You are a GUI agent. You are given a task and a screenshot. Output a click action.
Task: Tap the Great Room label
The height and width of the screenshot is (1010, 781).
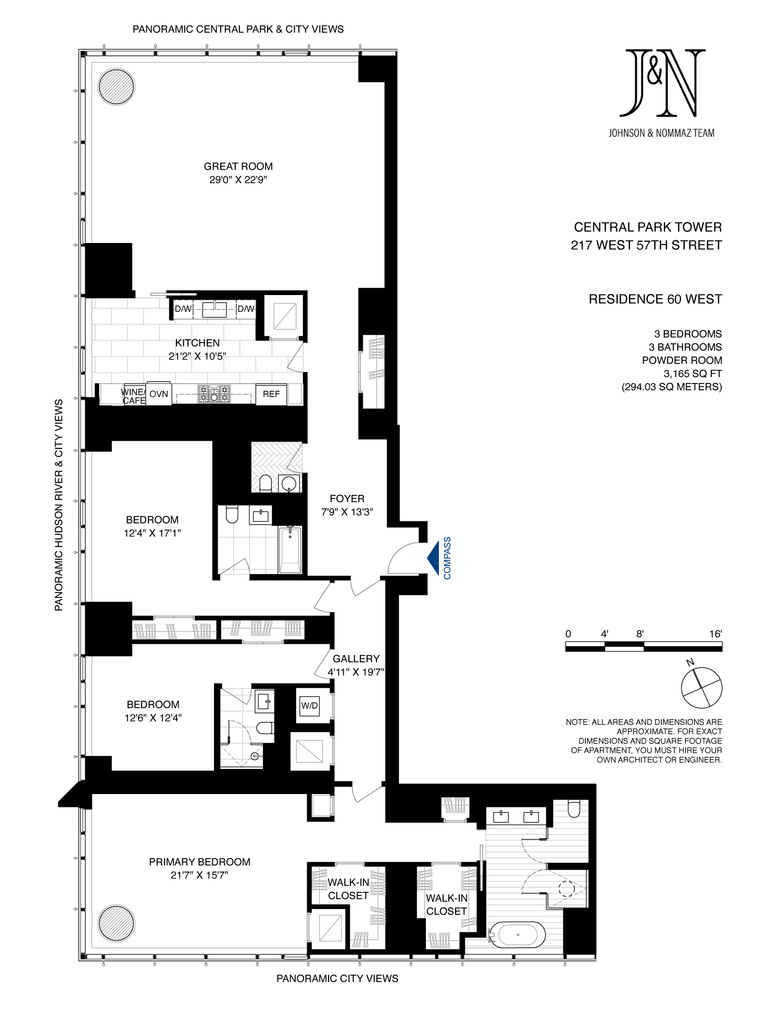[238, 167]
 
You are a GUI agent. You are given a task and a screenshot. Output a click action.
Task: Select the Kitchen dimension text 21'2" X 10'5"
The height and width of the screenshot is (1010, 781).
[197, 356]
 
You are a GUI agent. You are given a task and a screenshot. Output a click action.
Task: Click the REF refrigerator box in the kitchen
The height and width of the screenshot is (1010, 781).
[271, 394]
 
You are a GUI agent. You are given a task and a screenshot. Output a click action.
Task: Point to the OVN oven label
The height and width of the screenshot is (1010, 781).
[159, 394]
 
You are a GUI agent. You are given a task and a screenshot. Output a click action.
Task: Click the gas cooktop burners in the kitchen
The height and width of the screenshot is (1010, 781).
[214, 394]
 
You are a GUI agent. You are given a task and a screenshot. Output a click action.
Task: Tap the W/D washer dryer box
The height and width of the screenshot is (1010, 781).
[309, 706]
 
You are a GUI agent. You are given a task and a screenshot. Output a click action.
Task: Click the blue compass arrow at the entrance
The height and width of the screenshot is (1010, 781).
[434, 558]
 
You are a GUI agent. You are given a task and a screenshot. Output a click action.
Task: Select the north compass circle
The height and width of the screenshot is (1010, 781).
[702, 688]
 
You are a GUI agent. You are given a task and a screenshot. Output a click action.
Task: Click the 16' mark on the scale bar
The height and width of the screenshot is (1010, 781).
[715, 634]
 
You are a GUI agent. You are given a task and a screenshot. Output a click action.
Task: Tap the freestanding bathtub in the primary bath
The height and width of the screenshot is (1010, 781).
[518, 935]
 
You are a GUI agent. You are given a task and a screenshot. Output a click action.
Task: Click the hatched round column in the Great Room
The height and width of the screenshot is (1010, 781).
[117, 87]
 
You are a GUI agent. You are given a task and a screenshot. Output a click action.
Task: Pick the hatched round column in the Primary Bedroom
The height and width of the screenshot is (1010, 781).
[117, 924]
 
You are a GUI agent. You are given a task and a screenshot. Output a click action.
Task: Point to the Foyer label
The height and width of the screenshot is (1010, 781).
[347, 499]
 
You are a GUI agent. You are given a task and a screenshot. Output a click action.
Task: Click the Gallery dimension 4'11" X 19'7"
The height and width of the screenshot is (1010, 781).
[356, 672]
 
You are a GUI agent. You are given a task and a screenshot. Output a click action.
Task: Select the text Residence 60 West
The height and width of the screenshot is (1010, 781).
[656, 299]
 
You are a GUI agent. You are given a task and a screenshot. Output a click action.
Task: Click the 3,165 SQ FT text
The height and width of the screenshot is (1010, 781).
[693, 374]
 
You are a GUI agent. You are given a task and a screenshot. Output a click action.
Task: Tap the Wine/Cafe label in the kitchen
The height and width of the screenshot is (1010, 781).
[133, 397]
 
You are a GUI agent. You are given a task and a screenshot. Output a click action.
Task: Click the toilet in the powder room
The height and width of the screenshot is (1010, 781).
[266, 483]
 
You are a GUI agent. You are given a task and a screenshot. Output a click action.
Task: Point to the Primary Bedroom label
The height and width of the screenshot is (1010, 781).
[200, 862]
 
